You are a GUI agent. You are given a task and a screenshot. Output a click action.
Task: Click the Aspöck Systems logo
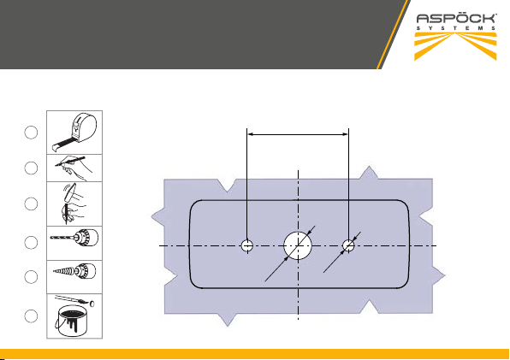tap(456, 37)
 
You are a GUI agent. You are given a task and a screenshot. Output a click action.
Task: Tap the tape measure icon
tap(74, 133)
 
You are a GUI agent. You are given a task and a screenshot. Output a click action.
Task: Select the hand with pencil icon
tap(74, 168)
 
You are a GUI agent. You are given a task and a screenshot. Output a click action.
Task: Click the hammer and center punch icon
tap(74, 204)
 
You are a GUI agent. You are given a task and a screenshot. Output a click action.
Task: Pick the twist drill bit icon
tap(74, 239)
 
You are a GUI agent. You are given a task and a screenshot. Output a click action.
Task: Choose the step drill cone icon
tap(74, 271)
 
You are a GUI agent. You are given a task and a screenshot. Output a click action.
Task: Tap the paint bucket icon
tap(74, 316)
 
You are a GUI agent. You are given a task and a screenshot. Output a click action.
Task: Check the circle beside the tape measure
tap(31, 133)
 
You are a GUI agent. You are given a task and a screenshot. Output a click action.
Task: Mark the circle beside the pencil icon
tap(31, 168)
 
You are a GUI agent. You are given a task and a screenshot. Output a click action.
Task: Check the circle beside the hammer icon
tap(31, 204)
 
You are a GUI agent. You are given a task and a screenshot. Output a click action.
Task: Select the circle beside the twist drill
tap(31, 243)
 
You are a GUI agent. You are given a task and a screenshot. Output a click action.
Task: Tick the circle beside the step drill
tap(31, 277)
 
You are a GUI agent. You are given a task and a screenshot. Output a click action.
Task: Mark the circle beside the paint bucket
tap(31, 316)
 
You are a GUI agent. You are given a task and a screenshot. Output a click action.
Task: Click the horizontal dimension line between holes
tap(298, 134)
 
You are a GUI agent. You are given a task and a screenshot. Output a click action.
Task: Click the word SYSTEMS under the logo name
tap(456, 28)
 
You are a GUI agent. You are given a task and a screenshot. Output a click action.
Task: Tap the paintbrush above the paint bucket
tap(74, 300)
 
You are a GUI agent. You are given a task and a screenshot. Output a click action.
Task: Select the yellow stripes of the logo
tap(456, 46)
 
